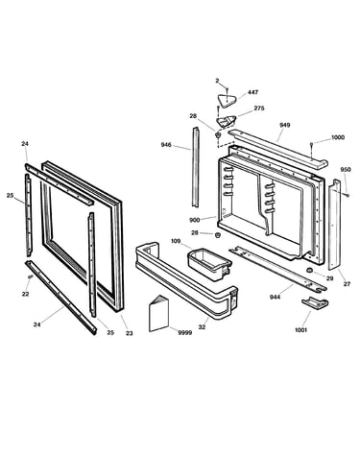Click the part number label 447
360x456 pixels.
click(252, 92)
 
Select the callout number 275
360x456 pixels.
click(259, 108)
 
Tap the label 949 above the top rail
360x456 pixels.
click(284, 125)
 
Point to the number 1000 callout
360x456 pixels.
click(338, 137)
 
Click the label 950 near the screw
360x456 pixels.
click(346, 170)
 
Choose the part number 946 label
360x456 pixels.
click(166, 145)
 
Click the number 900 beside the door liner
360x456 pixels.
click(194, 220)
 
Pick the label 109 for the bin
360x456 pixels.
click(176, 241)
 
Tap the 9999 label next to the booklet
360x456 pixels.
click(185, 333)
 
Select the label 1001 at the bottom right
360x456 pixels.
click(300, 330)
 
